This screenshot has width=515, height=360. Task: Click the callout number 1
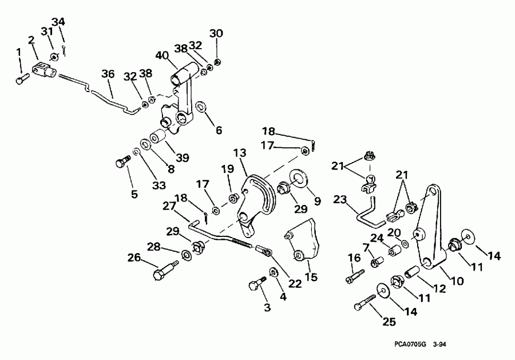tap(18, 53)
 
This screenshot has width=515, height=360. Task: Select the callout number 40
tap(163, 56)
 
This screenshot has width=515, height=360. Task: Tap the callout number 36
tap(108, 74)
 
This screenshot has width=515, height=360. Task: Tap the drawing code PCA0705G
tap(410, 346)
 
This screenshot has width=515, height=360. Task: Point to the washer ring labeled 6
tap(201, 107)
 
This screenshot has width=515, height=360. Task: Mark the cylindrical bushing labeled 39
tap(158, 139)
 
